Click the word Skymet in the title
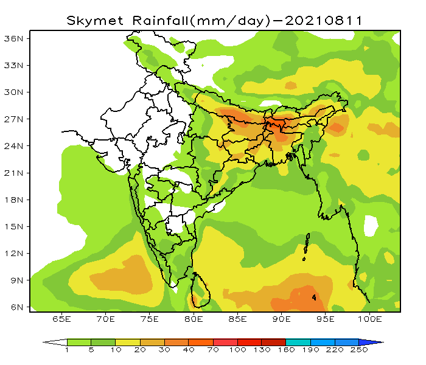click(x=91, y=20)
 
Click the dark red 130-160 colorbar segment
click(x=274, y=342)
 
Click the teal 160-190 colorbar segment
click(x=298, y=342)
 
